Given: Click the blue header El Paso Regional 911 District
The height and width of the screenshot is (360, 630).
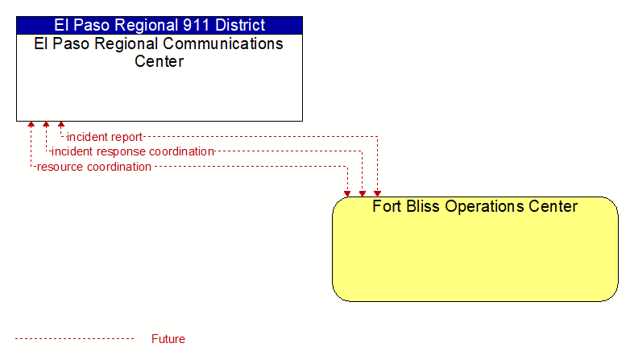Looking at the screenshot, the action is click(x=160, y=25).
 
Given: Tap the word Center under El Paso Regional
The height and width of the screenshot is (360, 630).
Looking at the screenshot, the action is click(x=159, y=61).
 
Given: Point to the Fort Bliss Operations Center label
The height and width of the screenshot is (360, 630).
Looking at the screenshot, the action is click(x=475, y=206).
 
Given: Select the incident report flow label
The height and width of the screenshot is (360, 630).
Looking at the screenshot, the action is click(x=105, y=137).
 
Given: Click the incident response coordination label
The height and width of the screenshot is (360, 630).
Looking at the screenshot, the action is click(x=133, y=151).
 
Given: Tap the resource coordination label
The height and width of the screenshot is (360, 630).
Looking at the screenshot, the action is click(x=94, y=167).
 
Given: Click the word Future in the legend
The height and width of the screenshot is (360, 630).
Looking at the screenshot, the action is click(x=168, y=339).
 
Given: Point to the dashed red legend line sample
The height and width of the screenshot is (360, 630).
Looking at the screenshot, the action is click(x=75, y=339).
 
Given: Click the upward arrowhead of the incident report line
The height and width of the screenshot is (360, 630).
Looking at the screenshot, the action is click(x=61, y=125).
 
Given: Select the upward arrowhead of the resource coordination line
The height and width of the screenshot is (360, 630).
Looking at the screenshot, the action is click(x=31, y=125).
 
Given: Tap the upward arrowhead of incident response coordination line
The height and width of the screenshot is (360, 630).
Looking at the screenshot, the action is click(x=46, y=125).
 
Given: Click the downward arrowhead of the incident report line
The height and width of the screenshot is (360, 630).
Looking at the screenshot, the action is click(x=377, y=193).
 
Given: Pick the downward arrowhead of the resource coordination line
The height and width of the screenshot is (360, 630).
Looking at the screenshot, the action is click(x=347, y=193).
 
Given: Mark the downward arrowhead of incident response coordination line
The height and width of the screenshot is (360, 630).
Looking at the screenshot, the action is click(x=363, y=193).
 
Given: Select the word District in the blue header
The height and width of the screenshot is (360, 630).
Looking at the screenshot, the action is click(x=240, y=25).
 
